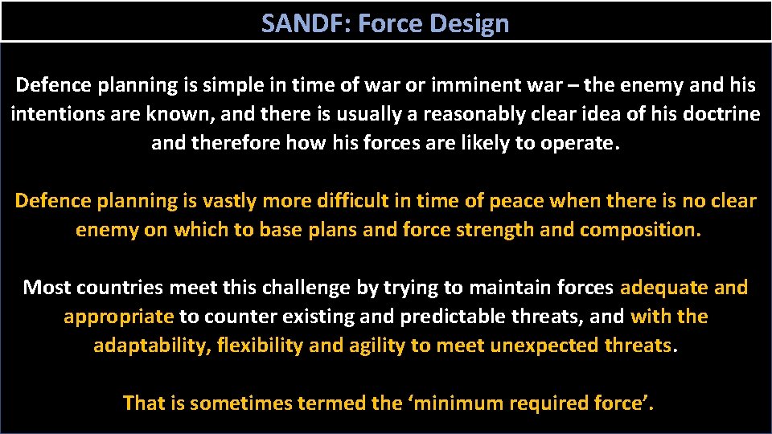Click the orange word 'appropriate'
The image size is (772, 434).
coord(118,316)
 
